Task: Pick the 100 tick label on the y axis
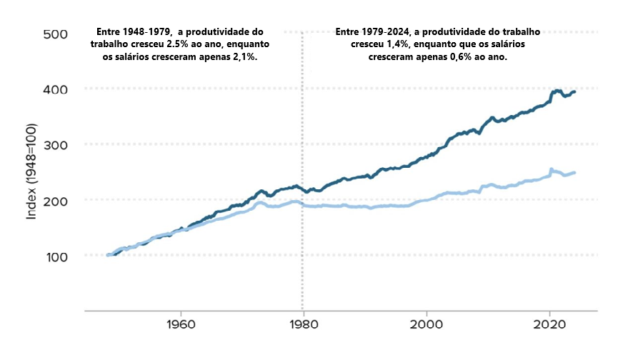[x=55, y=256]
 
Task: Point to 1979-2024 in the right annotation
[x=385, y=32]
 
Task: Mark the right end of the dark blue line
[x=575, y=91]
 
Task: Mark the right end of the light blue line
[x=575, y=172]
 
